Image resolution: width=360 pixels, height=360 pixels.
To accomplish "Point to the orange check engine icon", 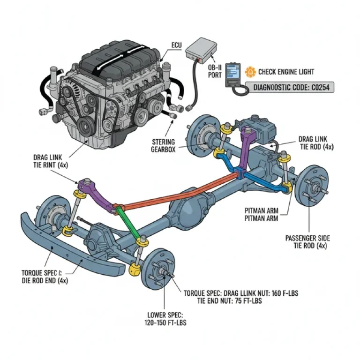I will (x=251, y=72).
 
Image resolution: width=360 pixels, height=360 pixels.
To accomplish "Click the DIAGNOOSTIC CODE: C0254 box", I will (x=293, y=87).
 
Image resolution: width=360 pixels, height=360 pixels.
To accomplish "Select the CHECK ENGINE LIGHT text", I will (x=286, y=72).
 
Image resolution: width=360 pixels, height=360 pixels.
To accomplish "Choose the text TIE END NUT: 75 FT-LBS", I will (x=229, y=300).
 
